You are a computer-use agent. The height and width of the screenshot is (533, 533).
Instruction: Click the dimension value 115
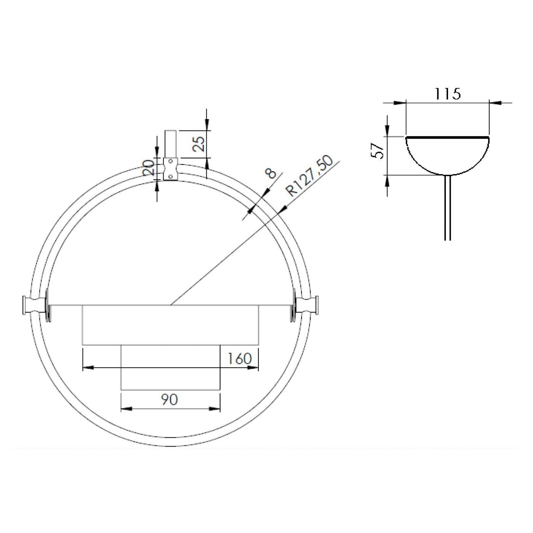point(448,93)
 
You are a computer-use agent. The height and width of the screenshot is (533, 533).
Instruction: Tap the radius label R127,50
point(310,176)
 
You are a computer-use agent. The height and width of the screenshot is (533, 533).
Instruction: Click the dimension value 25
point(199,144)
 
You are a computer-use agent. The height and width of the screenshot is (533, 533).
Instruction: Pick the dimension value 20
point(149,168)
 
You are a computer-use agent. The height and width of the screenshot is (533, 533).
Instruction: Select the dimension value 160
point(239,358)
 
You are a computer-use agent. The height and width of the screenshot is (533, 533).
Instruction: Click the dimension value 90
point(169,399)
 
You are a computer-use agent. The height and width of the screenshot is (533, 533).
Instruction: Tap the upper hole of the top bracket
point(170,162)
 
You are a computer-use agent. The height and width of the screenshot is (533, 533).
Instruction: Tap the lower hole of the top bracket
point(170,176)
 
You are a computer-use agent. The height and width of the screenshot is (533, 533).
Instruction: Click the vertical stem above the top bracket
point(170,144)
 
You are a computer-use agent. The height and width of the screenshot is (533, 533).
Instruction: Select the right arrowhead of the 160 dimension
point(253,367)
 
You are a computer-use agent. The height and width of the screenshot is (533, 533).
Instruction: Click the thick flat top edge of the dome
point(447,137)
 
